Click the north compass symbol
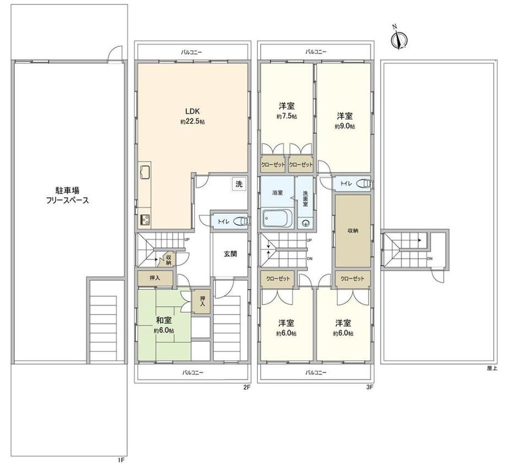tap(399, 39)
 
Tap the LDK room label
tap(192, 111)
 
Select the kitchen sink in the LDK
tap(145, 172)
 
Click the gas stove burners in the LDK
tap(144, 220)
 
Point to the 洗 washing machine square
tap(239, 184)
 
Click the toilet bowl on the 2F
tap(241, 221)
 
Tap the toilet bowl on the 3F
tap(364, 183)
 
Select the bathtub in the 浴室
tap(278, 219)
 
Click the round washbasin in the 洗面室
tap(305, 223)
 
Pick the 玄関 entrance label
tap(230, 254)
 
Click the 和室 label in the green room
tap(164, 320)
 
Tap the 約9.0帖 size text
tap(344, 126)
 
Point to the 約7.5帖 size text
tap(287, 116)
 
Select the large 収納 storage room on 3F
tap(353, 231)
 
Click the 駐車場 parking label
tap(67, 190)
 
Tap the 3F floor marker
tap(370, 387)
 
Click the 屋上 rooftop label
tap(492, 368)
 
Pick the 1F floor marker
tap(121, 460)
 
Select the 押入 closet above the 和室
tap(155, 278)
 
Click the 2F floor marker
tap(247, 387)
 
